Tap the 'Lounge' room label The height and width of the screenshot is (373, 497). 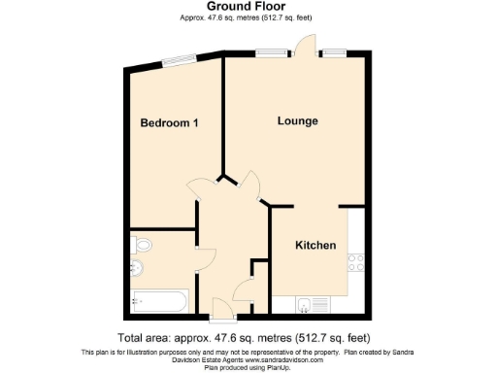click(x=297, y=120)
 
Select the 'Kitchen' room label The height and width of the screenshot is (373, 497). click(x=315, y=245)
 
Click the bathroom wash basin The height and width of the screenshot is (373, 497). click(x=137, y=268)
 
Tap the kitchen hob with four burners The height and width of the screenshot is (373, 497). click(x=355, y=260)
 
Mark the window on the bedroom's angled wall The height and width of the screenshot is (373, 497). click(x=176, y=62)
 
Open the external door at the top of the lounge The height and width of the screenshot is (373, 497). click(x=306, y=44)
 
